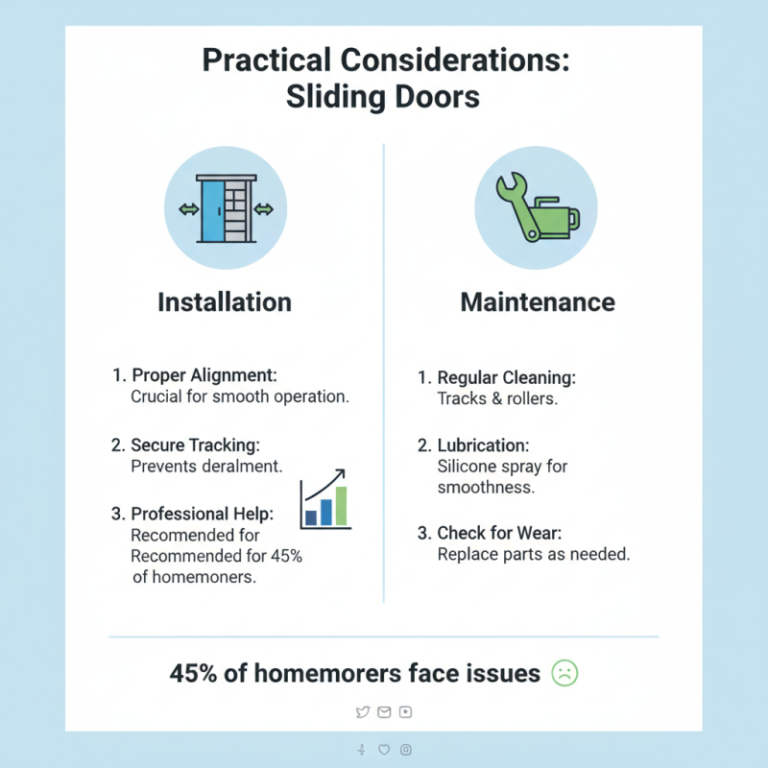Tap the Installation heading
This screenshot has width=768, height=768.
tap(224, 302)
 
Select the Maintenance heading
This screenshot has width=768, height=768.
tap(538, 302)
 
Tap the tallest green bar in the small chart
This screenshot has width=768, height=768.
tap(341, 505)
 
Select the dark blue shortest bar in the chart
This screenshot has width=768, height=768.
tap(310, 517)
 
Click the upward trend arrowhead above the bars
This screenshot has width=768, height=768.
tap(343, 472)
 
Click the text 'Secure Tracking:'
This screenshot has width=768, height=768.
tap(195, 444)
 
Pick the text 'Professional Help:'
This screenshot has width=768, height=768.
tap(201, 514)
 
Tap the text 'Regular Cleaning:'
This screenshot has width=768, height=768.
tap(506, 377)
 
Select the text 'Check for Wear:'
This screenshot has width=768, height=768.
tap(500, 533)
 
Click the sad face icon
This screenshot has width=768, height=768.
tap(564, 674)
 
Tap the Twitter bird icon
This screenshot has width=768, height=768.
tap(362, 711)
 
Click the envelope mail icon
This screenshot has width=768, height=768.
tap(384, 711)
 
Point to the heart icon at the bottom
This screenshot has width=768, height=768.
tap(384, 749)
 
